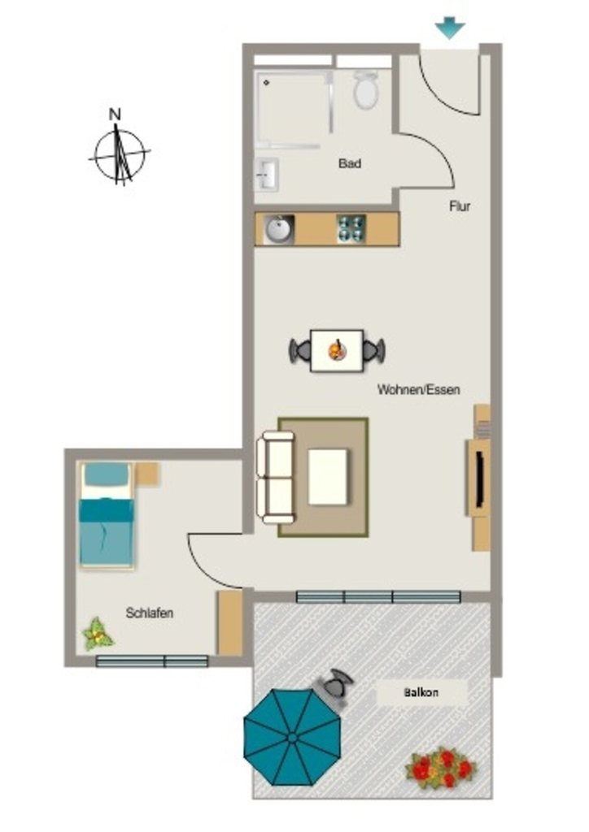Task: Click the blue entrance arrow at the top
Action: (449, 28)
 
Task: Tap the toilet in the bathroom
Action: (366, 89)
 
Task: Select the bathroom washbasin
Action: (267, 174)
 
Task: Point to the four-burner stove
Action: (351, 229)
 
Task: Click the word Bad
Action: (350, 163)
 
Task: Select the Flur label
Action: (460, 206)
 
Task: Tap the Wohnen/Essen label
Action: (418, 389)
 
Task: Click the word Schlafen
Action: (149, 613)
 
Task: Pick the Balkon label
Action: (421, 692)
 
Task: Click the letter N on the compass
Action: (115, 114)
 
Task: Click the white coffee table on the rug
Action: (328, 477)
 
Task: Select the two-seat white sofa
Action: (275, 477)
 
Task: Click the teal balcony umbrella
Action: (292, 737)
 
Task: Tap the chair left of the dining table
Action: (300, 351)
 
